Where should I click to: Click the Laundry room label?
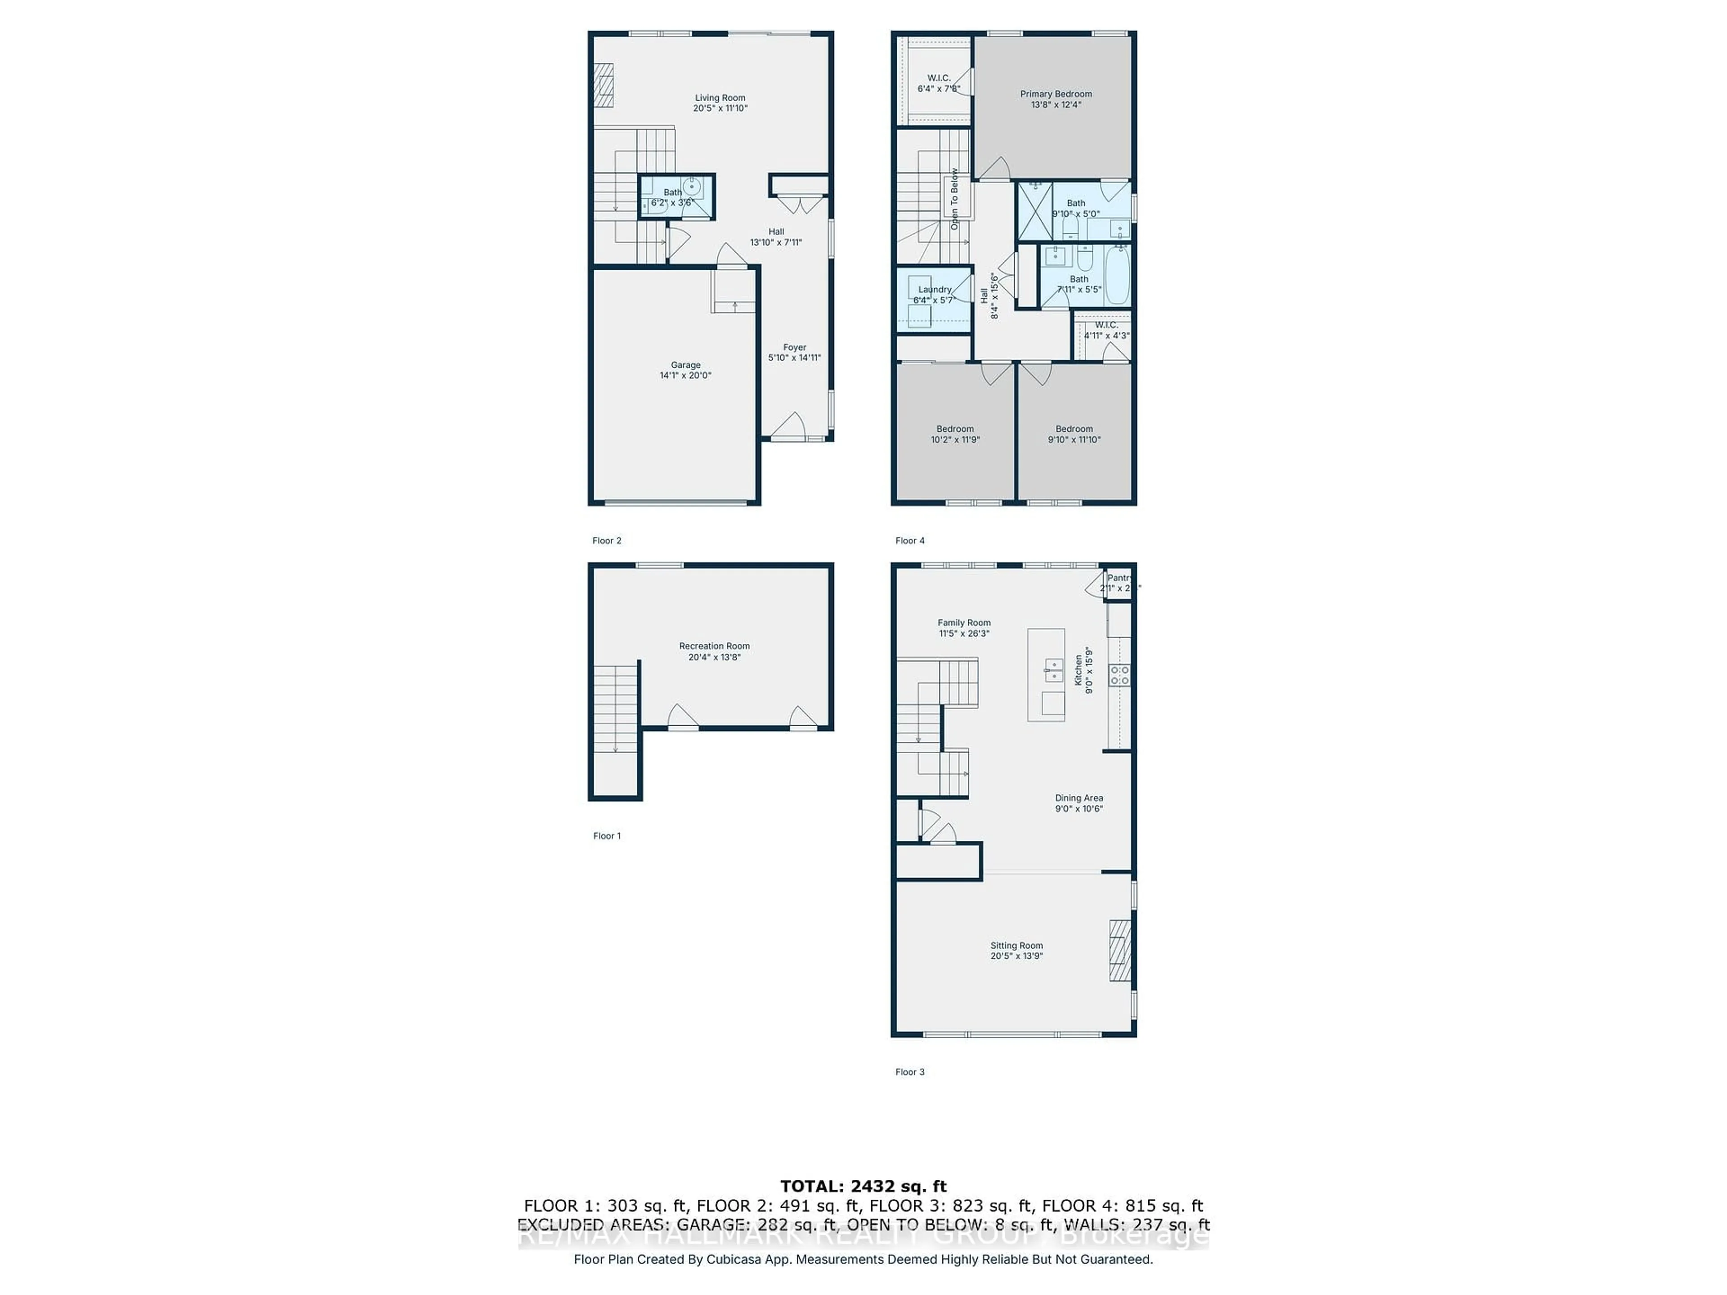[x=935, y=290]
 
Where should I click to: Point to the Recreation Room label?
[x=714, y=646]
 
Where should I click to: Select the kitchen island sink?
[x=1053, y=670]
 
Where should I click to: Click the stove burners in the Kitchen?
[x=1119, y=675]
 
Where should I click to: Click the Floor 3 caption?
[x=909, y=1072]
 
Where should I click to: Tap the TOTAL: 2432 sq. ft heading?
[x=863, y=1187]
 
